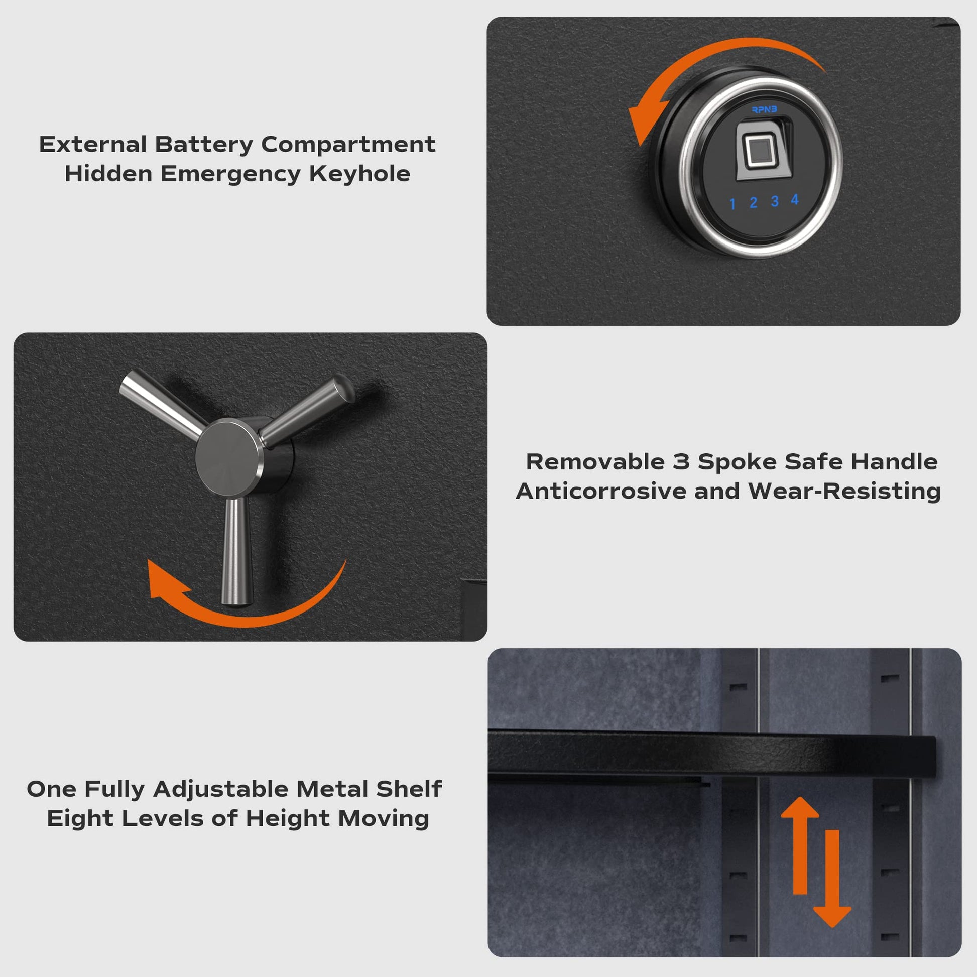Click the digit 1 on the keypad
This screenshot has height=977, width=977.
point(732,204)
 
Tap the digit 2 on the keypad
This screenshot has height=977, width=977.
point(754,203)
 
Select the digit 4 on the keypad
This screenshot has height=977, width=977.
point(795,200)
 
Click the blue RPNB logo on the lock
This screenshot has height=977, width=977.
point(764,110)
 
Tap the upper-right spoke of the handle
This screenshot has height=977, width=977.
point(307,411)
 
